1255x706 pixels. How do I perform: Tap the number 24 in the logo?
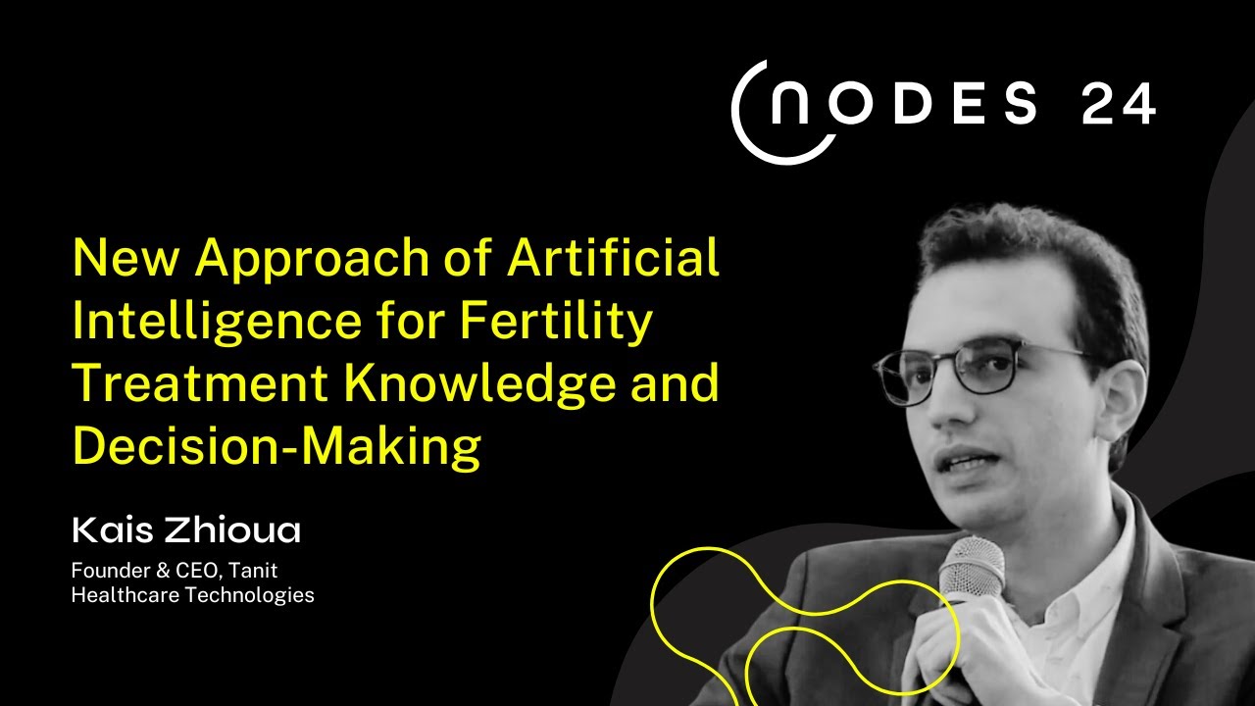(1118, 105)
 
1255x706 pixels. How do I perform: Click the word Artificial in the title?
(614, 259)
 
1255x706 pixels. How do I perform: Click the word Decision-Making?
(276, 446)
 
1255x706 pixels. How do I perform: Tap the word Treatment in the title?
(200, 383)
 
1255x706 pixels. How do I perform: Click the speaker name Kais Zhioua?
(186, 530)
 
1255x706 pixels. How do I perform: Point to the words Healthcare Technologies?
(192, 594)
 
